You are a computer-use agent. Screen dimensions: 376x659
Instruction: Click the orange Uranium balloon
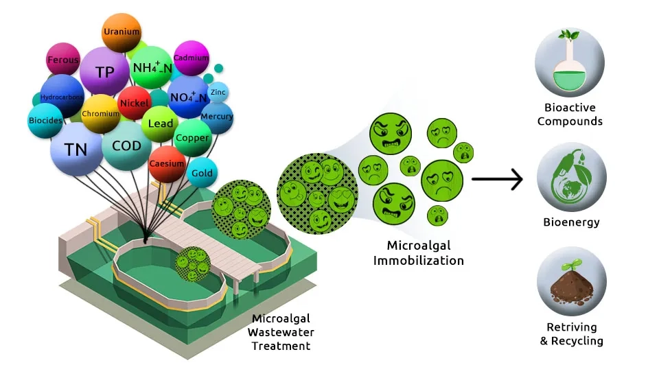point(122,32)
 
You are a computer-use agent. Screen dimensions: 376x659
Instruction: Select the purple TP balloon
point(104,71)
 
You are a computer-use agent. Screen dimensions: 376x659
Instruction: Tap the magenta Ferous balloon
point(63,60)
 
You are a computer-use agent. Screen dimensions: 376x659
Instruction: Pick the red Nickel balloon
point(134,104)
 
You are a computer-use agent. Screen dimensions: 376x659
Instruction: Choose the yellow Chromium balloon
point(101,114)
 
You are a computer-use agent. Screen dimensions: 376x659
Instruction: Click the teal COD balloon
point(126,145)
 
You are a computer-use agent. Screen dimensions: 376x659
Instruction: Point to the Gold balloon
point(202,173)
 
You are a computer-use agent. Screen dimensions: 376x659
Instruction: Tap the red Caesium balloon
point(167,164)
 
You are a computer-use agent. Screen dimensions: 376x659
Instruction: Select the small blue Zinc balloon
point(218,92)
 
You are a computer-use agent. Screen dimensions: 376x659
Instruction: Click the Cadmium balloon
point(191,58)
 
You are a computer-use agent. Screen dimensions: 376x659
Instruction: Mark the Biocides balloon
point(47,121)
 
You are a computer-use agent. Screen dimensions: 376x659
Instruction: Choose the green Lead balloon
point(161,124)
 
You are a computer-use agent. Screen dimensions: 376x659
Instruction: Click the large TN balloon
point(76,149)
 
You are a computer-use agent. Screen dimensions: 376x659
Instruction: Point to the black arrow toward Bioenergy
point(497,180)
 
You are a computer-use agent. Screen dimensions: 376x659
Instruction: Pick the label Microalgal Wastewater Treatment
point(282,332)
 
